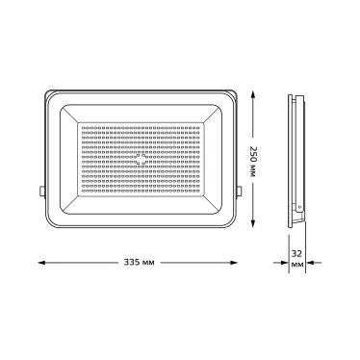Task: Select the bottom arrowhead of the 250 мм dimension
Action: pos(254,227)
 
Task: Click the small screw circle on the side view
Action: pos(298,206)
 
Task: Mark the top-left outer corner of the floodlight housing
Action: pos(46,92)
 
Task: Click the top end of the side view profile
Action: pos(295,92)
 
